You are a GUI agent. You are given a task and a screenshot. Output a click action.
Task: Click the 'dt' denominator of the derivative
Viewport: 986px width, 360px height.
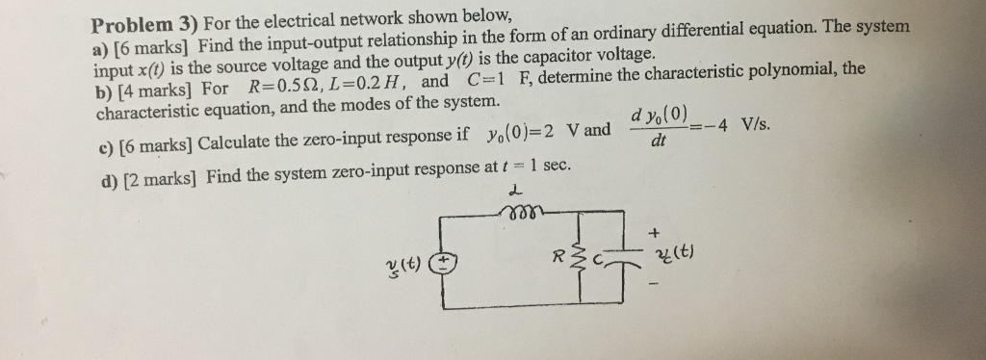658,141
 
